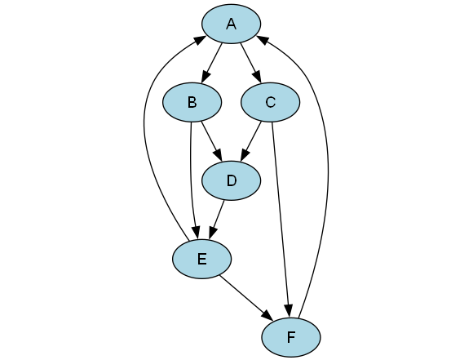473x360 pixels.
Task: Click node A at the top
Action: point(231,24)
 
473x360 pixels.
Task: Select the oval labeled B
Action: point(192,102)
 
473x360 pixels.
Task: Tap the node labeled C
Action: point(270,102)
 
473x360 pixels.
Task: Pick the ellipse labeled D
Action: point(231,180)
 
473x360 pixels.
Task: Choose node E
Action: point(201,259)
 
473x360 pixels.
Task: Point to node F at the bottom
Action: point(291,337)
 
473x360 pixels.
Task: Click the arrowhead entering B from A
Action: point(206,77)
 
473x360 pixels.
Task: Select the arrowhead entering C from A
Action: point(256,77)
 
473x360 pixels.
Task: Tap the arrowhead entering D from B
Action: point(218,155)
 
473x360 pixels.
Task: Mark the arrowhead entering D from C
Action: point(245,155)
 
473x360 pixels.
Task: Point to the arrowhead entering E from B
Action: point(196,233)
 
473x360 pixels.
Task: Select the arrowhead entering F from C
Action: point(289,311)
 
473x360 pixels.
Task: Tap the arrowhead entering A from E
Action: point(201,40)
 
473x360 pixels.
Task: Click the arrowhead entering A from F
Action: point(262,40)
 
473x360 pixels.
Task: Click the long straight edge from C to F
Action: point(281,213)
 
